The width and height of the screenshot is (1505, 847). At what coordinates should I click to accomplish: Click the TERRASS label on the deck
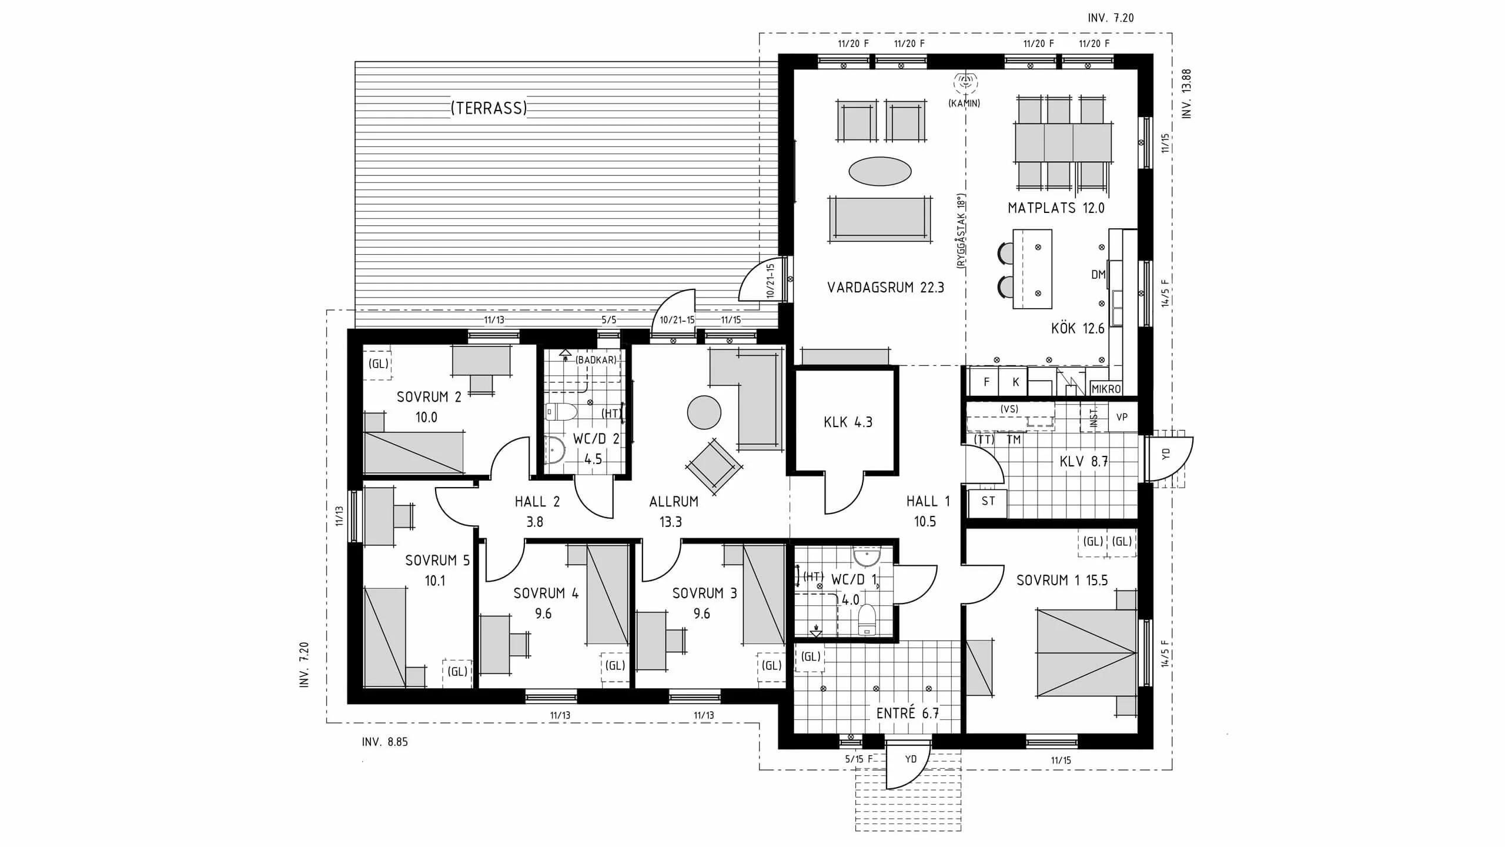pyautogui.click(x=489, y=108)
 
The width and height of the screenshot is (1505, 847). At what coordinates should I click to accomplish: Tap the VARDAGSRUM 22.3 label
pyautogui.click(x=885, y=288)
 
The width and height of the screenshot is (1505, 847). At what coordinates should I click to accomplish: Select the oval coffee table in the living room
pyautogui.click(x=879, y=171)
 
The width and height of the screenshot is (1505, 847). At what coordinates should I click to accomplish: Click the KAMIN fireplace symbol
pyautogui.click(x=965, y=83)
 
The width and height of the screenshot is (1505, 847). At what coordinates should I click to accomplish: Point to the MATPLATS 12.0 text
pyautogui.click(x=1056, y=208)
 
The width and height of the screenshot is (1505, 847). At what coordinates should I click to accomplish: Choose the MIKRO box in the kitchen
pyautogui.click(x=1106, y=389)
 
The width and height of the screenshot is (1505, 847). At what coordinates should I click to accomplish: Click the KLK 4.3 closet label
pyautogui.click(x=848, y=422)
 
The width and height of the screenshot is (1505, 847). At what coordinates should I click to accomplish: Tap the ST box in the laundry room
pyautogui.click(x=988, y=502)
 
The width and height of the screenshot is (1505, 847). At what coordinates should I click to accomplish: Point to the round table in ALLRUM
pyautogui.click(x=704, y=412)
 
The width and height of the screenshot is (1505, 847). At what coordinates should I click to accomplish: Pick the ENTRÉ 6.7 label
pyautogui.click(x=907, y=713)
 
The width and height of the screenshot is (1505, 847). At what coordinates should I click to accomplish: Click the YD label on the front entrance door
pyautogui.click(x=910, y=759)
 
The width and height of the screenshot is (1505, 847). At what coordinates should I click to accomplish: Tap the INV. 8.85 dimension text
pyautogui.click(x=384, y=742)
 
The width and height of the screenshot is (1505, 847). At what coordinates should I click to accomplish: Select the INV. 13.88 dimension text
pyautogui.click(x=1186, y=94)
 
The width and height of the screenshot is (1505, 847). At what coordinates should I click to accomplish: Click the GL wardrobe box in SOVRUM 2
pyautogui.click(x=378, y=364)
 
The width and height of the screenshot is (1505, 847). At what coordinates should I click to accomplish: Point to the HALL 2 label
pyautogui.click(x=537, y=502)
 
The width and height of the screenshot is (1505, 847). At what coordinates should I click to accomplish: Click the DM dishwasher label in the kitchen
pyautogui.click(x=1098, y=275)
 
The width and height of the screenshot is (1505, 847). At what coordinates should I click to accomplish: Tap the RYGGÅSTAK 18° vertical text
pyautogui.click(x=961, y=231)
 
